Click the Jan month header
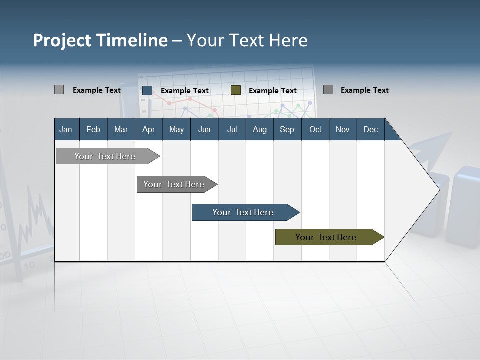(x=66, y=129)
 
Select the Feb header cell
(x=93, y=129)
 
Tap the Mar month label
(x=121, y=129)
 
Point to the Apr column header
(x=148, y=129)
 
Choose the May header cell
(x=176, y=129)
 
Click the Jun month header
(x=204, y=129)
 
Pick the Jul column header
(x=232, y=129)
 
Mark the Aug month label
(x=259, y=129)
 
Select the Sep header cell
(x=287, y=129)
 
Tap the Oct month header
(x=315, y=129)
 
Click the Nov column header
(x=343, y=129)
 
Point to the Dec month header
(x=371, y=129)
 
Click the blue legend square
(x=147, y=90)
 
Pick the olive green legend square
(x=236, y=90)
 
